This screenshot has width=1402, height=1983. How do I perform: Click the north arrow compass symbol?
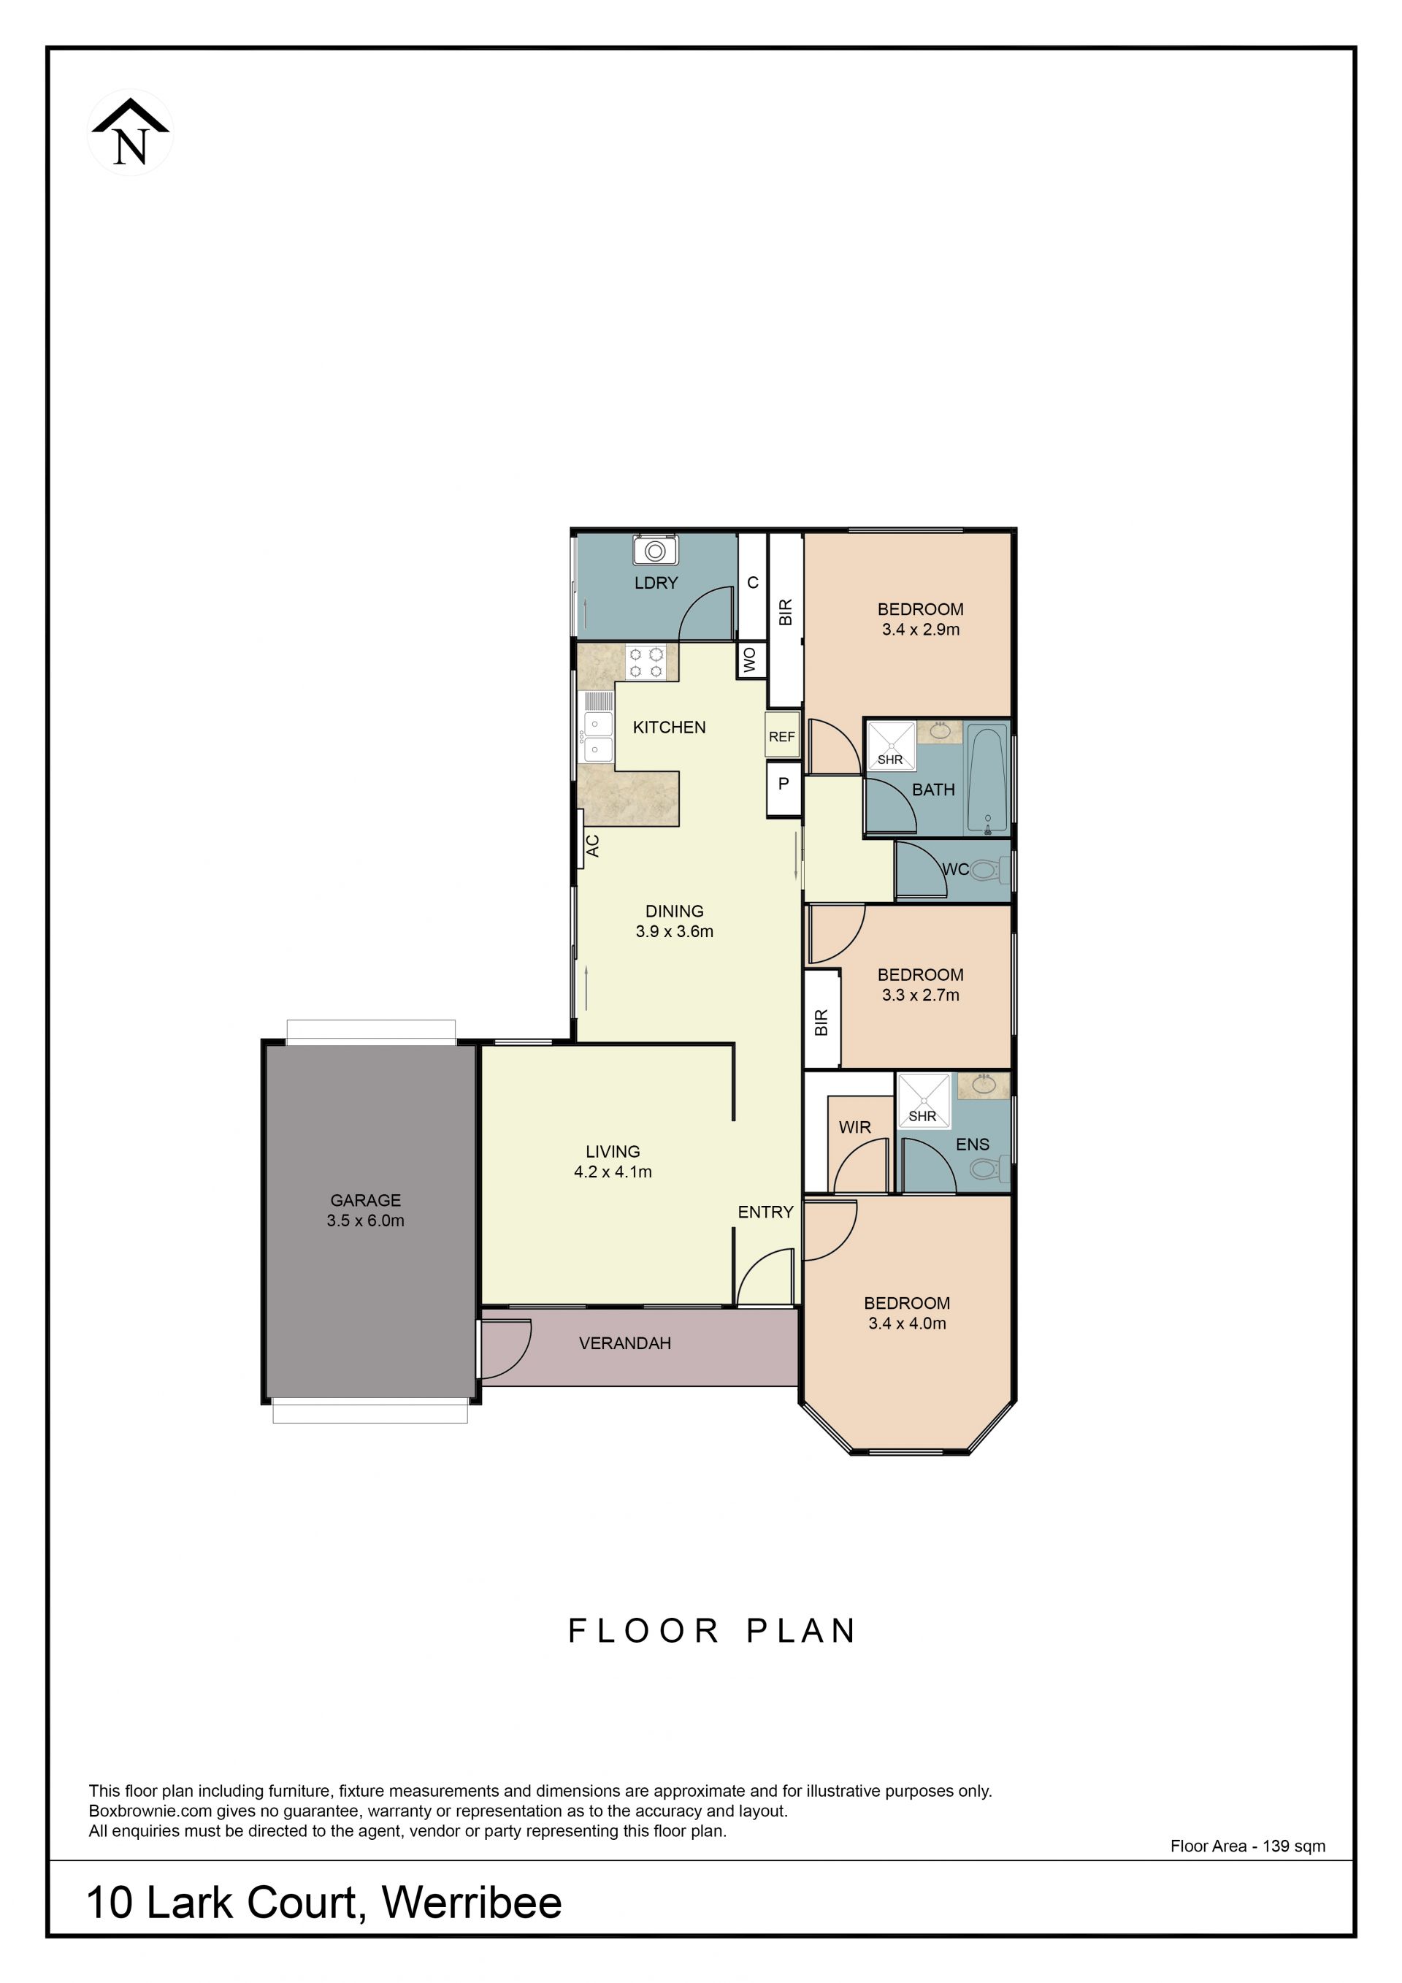[x=131, y=132]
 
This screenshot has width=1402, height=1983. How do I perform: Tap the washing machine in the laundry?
[x=655, y=550]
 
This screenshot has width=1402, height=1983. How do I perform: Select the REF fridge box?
[x=782, y=735]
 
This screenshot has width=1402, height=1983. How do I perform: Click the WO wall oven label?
[x=749, y=661]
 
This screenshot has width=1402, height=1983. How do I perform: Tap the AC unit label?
[x=592, y=846]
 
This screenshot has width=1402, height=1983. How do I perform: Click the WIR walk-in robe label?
[x=854, y=1127]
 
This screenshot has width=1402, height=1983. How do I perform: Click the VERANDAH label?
[x=625, y=1343]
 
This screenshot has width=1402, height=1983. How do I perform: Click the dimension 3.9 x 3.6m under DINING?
[x=674, y=931]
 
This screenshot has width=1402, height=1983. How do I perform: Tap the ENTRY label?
[x=765, y=1212]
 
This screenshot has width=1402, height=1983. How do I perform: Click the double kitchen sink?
[x=597, y=737]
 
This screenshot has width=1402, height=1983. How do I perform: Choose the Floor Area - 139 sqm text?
[x=1247, y=1846]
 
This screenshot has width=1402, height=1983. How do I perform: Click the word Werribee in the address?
[x=472, y=1903]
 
